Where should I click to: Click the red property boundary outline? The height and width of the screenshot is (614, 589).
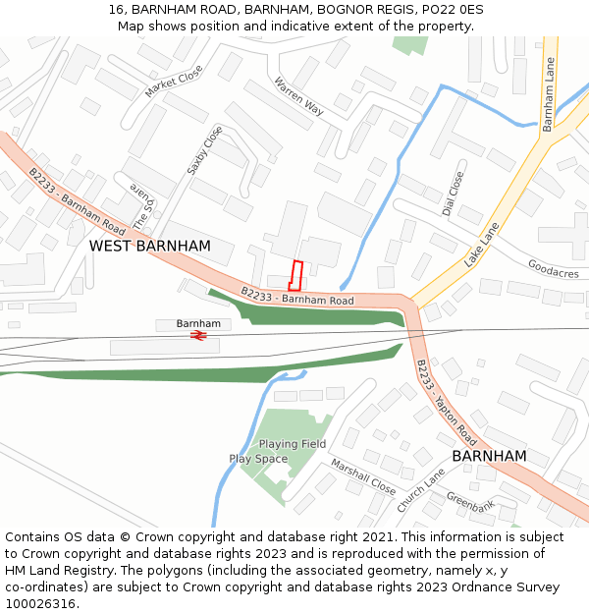(295, 273)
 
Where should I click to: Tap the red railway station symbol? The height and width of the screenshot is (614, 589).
(197, 336)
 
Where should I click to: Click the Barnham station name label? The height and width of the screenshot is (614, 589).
(198, 323)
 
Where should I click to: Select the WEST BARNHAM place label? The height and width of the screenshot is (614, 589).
(150, 246)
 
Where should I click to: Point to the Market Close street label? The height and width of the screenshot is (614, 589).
(173, 81)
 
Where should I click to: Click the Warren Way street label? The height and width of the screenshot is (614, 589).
(298, 96)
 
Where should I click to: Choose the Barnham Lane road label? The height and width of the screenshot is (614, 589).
(549, 94)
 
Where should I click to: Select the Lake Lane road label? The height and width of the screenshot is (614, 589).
(482, 245)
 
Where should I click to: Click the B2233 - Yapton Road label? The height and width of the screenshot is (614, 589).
(446, 401)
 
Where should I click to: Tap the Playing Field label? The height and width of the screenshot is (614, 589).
(293, 444)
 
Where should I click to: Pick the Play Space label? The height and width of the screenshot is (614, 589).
(258, 459)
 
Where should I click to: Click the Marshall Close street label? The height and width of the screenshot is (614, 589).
(362, 476)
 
